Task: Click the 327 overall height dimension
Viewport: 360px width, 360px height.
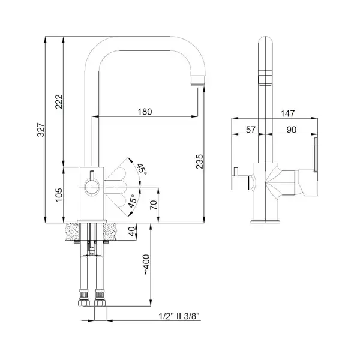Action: coord(41,130)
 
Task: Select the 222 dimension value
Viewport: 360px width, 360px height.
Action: coord(59,101)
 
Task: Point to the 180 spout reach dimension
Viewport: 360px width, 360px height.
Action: coord(145,112)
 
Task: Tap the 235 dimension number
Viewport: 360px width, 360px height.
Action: coord(200,161)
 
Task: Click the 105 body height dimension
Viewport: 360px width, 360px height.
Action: coord(59,194)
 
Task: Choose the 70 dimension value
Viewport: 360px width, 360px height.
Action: coord(154,205)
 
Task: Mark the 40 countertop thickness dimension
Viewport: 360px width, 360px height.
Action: coord(132,232)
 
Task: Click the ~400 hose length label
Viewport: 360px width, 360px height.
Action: coord(147,265)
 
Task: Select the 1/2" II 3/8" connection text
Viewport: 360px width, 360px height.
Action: coord(179,316)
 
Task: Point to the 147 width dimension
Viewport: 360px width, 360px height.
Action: coord(287,113)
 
